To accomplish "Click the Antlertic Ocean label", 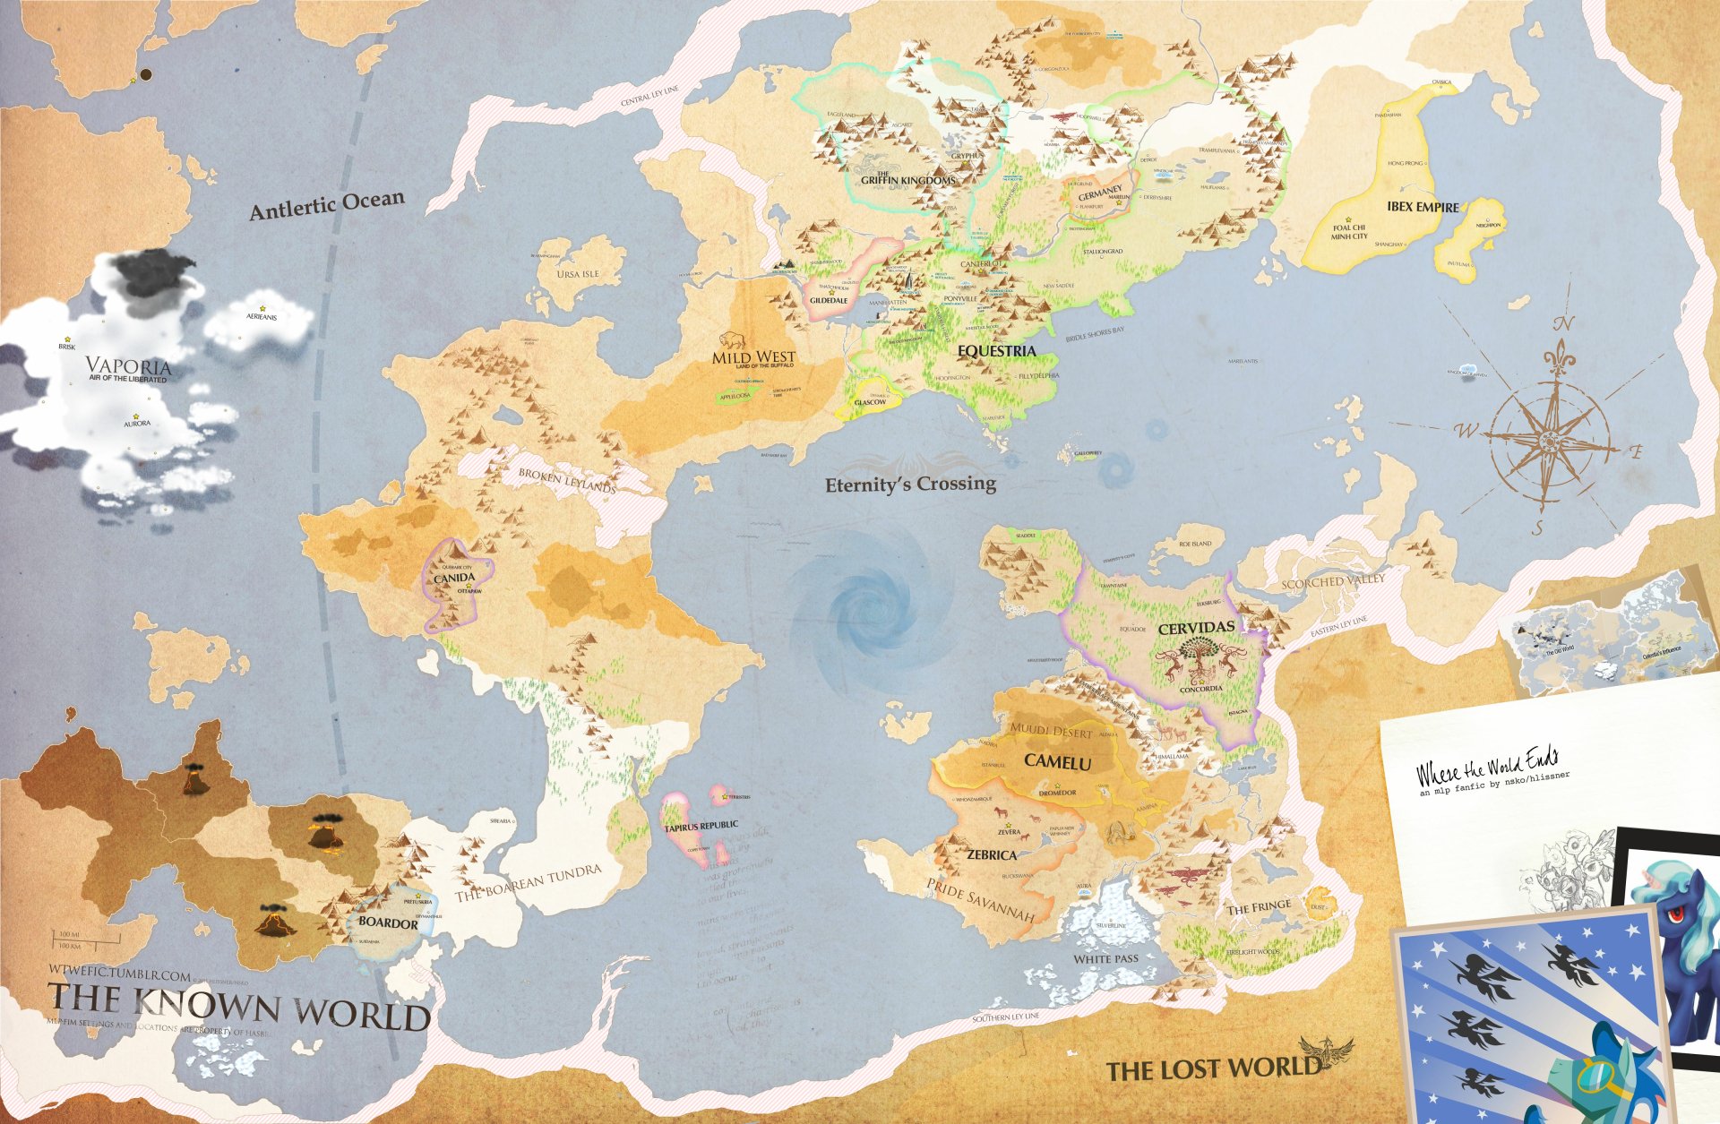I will [x=327, y=205].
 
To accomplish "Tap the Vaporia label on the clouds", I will [x=128, y=366].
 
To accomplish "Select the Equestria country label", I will [x=996, y=351].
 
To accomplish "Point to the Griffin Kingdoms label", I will [x=907, y=180].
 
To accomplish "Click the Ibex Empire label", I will [x=1423, y=207].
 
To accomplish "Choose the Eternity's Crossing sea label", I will [x=910, y=485].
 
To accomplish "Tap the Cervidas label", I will [x=1196, y=628].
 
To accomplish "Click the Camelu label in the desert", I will [x=1057, y=762].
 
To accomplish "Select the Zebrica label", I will [x=991, y=855].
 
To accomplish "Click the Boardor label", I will [x=388, y=922].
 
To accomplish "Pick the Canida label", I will [x=454, y=579].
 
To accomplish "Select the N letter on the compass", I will [x=1564, y=324].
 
